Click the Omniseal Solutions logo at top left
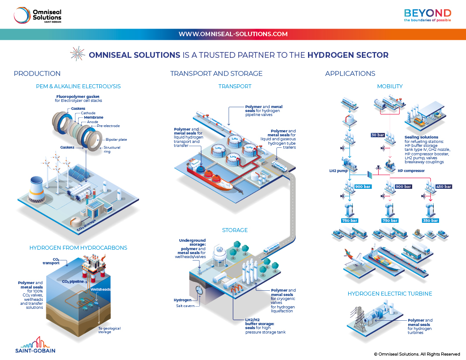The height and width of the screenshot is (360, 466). pyautogui.click(x=37, y=15)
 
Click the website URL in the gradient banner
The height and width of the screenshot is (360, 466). pyautogui.click(x=233, y=34)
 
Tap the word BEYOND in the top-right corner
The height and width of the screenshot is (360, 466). pyautogui.click(x=428, y=12)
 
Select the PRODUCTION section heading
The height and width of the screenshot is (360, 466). pyautogui.click(x=37, y=74)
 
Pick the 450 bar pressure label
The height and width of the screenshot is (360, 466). pyautogui.click(x=443, y=187)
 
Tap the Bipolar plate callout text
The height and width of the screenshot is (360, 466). pyautogui.click(x=116, y=139)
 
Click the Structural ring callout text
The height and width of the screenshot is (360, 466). pyautogui.click(x=112, y=150)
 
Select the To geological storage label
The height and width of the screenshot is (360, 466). pyautogui.click(x=109, y=330)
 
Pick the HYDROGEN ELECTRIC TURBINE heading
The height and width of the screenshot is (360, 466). pyautogui.click(x=390, y=293)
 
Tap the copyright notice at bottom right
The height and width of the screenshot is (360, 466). pyautogui.click(x=417, y=354)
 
